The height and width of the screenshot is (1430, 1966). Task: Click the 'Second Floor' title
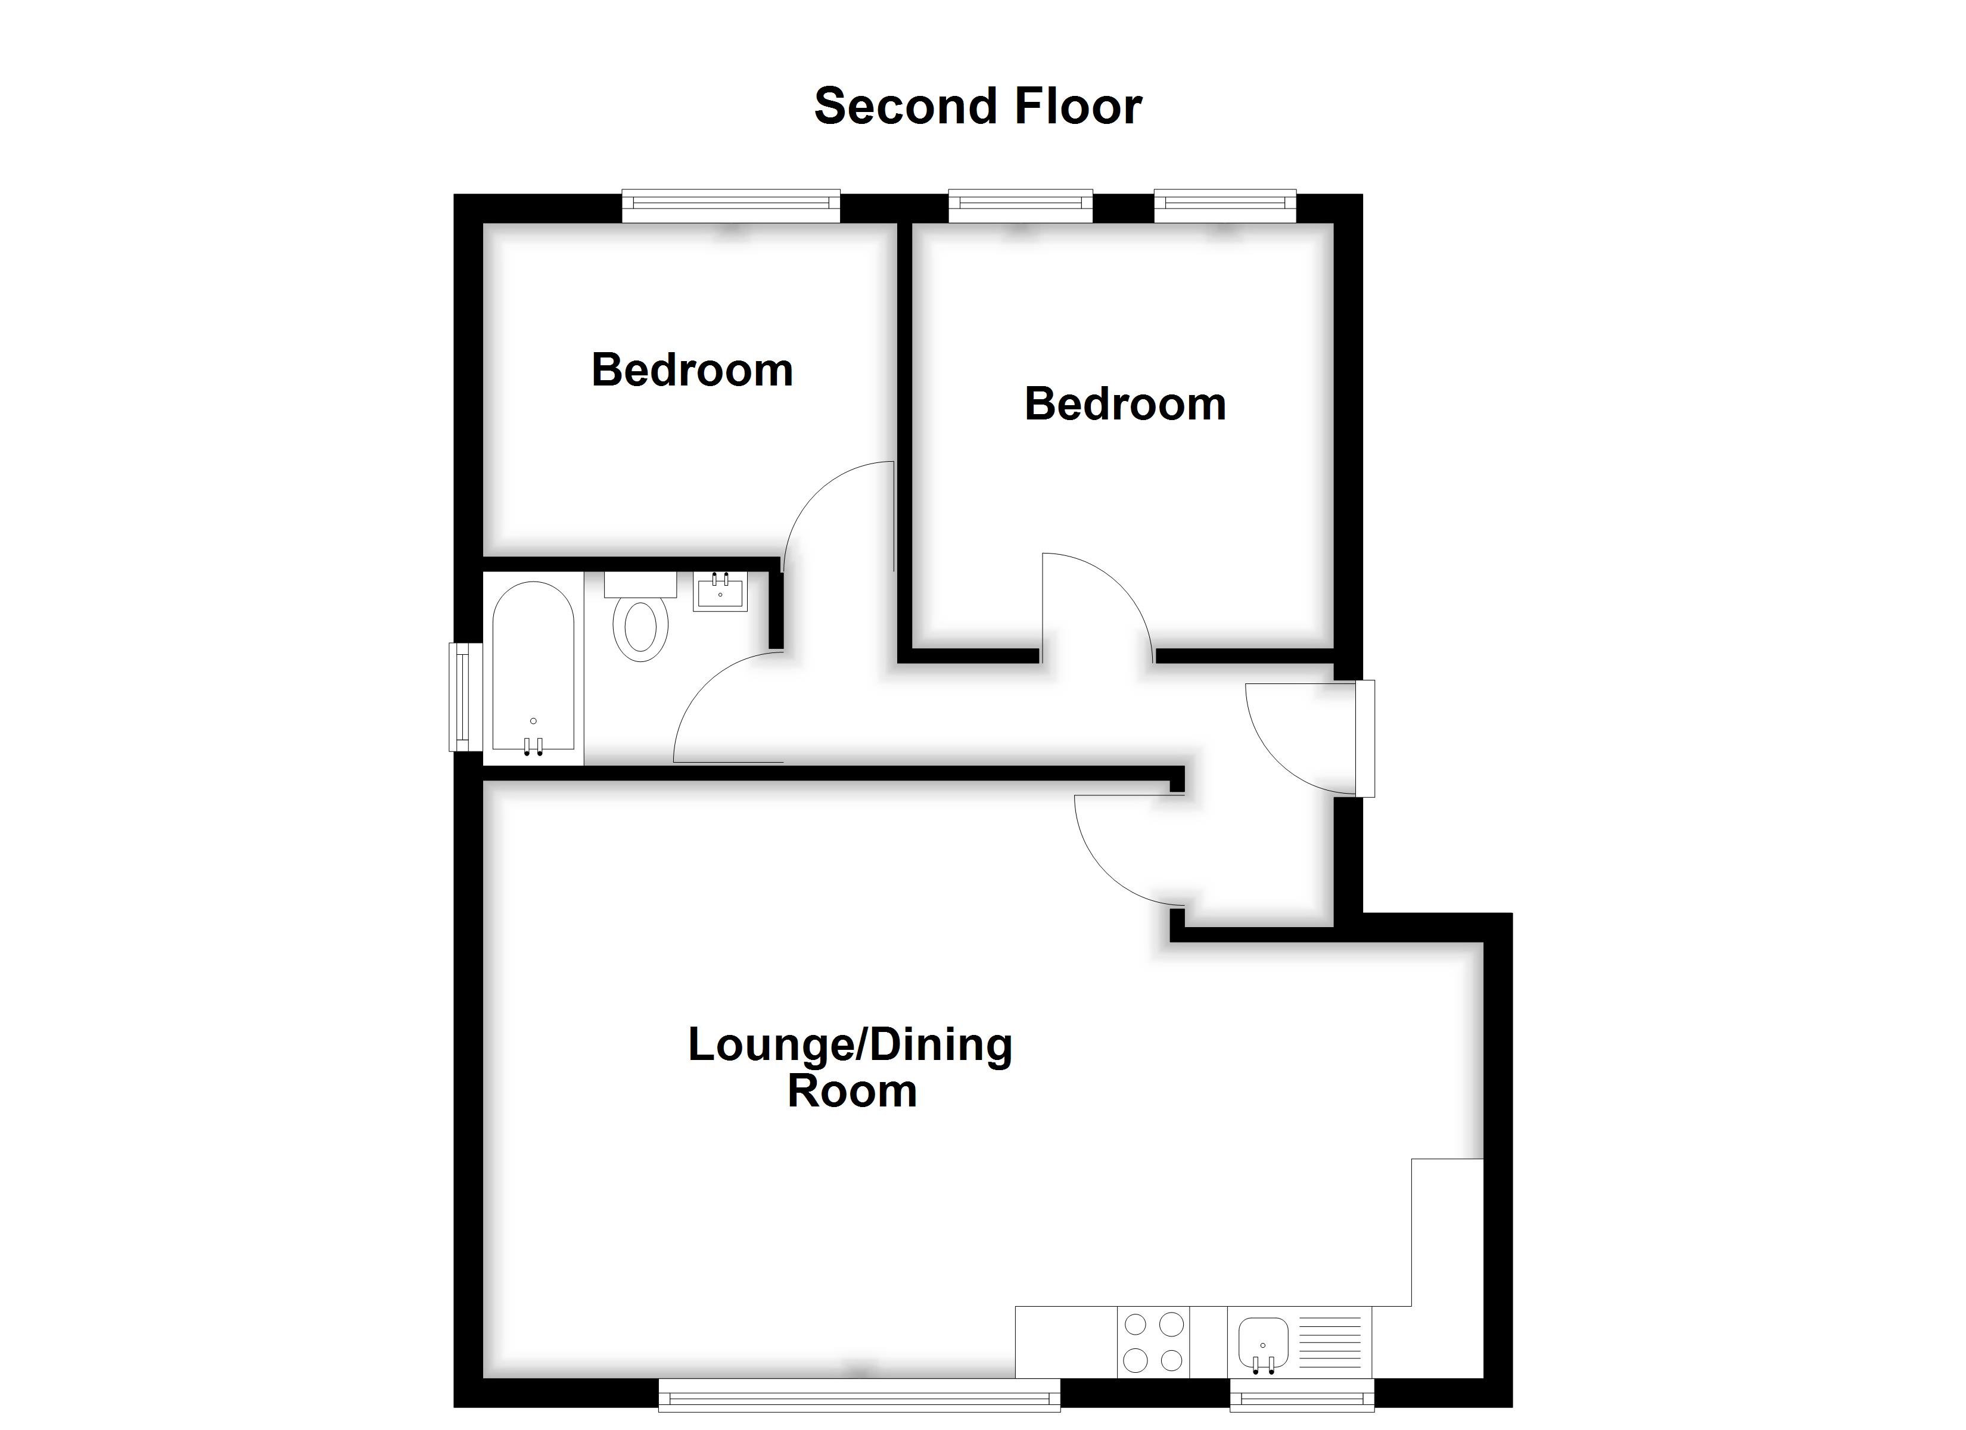[x=977, y=107]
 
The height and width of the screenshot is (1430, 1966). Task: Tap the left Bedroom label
[x=692, y=370]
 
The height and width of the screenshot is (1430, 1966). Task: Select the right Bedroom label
[x=1124, y=404]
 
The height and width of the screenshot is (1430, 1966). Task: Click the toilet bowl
[x=640, y=628]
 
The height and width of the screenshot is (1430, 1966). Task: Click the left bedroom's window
[x=731, y=204]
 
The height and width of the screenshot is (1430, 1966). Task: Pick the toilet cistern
[x=640, y=584]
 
